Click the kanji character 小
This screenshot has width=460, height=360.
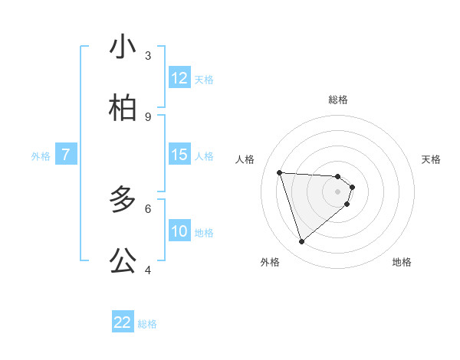pos(123,47)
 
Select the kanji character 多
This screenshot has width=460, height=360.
pos(123,200)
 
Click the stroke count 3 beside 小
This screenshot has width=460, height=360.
pos(148,55)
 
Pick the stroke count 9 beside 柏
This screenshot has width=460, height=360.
pos(148,116)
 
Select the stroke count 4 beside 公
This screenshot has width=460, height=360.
pos(148,270)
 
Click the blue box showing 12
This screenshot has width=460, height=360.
pos(179,78)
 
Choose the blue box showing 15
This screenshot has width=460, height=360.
pos(179,155)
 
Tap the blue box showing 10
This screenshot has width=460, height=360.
pos(179,231)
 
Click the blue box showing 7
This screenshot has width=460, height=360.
pos(66,155)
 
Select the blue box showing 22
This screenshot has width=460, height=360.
pos(123,322)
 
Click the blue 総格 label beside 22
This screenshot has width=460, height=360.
pos(147,324)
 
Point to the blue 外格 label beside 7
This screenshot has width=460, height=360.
pos(41,156)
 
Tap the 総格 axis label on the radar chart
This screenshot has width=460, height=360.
pos(338,100)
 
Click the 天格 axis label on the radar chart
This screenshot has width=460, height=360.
pos(432,159)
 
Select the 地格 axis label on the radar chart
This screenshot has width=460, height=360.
pos(402,262)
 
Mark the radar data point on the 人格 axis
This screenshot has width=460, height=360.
pos(280,172)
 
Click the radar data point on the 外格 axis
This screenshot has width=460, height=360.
pos(301,242)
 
